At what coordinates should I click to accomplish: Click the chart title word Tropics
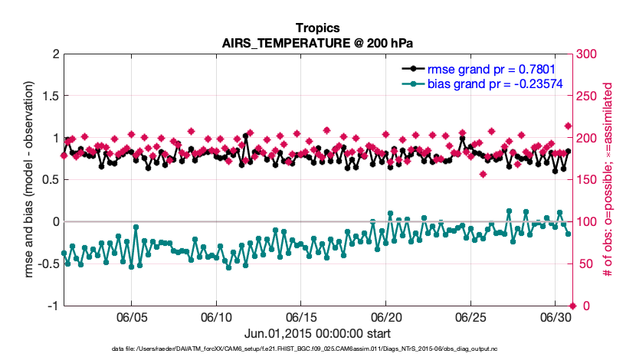click(x=317, y=28)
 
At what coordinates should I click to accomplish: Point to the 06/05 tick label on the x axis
click(x=131, y=317)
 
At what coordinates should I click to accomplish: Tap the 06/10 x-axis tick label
click(x=216, y=317)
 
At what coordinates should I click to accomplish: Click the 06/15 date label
click(x=301, y=317)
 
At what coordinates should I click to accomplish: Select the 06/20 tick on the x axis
click(x=386, y=317)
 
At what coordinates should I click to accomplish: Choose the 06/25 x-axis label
click(x=471, y=317)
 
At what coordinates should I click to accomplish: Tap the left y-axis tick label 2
click(x=55, y=54)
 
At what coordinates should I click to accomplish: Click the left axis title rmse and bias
click(x=30, y=180)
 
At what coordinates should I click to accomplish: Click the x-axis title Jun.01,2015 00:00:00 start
click(x=317, y=333)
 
